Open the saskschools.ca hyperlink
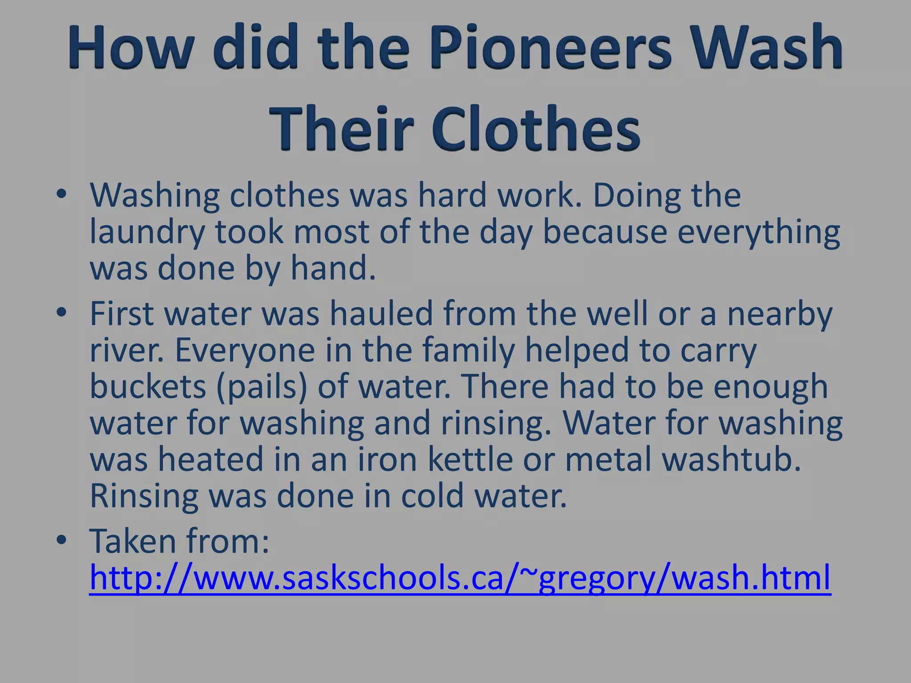click(460, 578)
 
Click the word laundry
click(147, 232)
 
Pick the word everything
click(758, 232)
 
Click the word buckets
click(148, 386)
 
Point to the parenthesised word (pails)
click(262, 386)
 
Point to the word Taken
click(133, 541)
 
